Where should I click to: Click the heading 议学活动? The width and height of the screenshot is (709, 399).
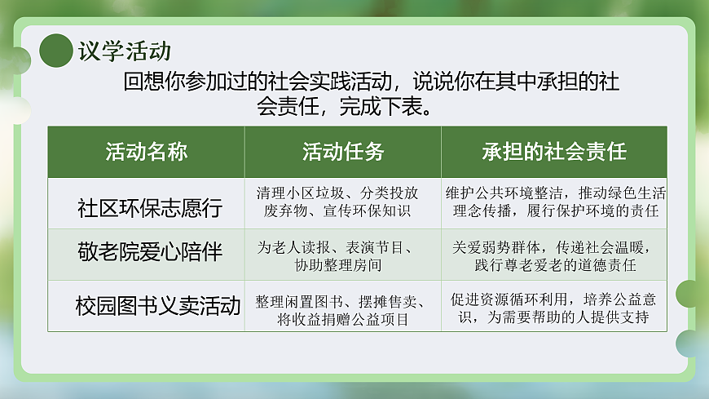pyautogui.click(x=125, y=51)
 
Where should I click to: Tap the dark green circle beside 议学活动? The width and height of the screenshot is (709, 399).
pyautogui.click(x=56, y=51)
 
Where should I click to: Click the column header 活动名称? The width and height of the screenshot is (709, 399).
pyautogui.click(x=146, y=152)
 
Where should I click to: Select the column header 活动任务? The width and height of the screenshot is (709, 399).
pyautogui.click(x=342, y=152)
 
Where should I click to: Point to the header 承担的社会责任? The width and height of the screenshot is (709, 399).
pyautogui.click(x=553, y=152)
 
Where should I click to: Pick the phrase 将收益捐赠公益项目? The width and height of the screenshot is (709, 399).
pyautogui.click(x=342, y=318)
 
